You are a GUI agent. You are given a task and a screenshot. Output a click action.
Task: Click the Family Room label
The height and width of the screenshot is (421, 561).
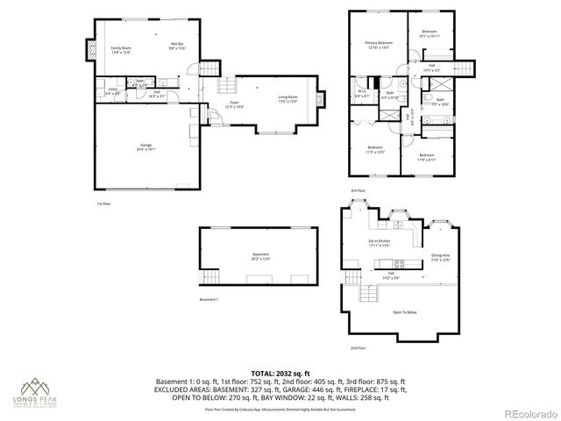pyautogui.click(x=120, y=49)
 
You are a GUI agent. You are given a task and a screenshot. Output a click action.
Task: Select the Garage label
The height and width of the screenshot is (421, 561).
pyautogui.click(x=146, y=146)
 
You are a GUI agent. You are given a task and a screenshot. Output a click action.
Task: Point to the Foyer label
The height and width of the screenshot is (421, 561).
pyautogui.click(x=235, y=104)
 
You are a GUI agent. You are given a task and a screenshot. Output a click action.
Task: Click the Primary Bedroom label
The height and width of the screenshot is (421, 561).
pyautogui.click(x=379, y=45)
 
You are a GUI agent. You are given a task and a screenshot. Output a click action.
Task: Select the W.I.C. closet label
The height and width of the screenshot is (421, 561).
pyautogui.click(x=361, y=92)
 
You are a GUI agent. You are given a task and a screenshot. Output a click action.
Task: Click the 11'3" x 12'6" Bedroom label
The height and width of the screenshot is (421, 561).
pyautogui.click(x=375, y=149)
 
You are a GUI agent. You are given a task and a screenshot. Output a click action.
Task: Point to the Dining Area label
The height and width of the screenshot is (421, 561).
pyautogui.click(x=439, y=258)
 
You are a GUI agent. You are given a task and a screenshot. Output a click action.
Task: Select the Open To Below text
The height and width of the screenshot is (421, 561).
pyautogui.click(x=404, y=311)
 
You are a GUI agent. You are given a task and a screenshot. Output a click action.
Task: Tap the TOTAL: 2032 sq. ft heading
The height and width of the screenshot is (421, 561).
pyautogui.click(x=280, y=372)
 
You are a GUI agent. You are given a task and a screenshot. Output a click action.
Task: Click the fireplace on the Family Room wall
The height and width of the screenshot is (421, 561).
pyautogui.click(x=89, y=51)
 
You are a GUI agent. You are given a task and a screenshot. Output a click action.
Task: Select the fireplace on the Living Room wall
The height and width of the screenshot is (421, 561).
pyautogui.click(x=318, y=98)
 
